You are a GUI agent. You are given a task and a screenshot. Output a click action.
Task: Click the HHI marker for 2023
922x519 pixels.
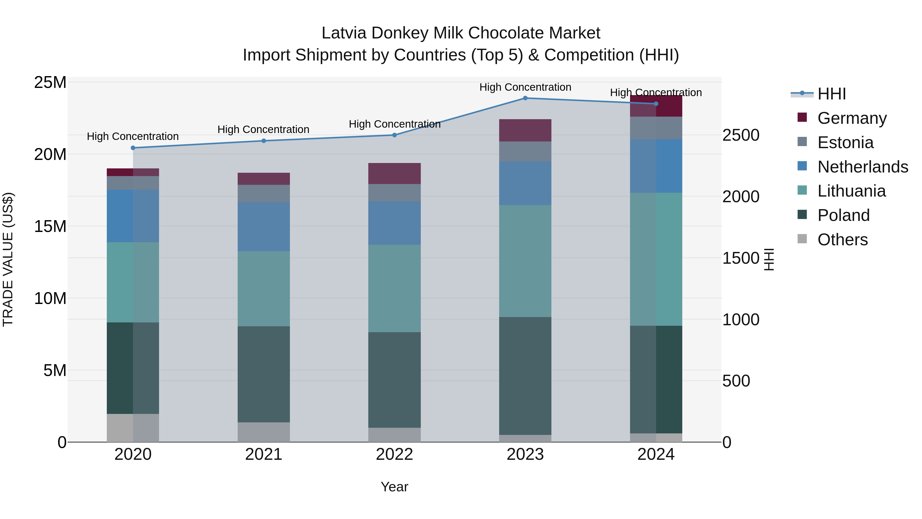pos(525,98)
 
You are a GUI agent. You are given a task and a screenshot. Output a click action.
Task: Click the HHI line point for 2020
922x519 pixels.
pos(133,148)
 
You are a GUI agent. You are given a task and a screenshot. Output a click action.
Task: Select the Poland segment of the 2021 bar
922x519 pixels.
pos(264,374)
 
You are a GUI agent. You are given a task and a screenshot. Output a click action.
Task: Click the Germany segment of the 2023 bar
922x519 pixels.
pos(525,130)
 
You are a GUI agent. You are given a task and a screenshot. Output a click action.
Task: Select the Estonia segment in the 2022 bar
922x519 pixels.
pos(394,193)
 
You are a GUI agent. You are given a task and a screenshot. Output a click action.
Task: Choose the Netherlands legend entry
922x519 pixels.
pos(863,167)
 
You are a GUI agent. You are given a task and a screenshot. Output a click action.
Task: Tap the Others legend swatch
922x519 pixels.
pos(802,239)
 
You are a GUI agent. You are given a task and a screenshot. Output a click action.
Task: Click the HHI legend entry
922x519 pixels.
pos(831,94)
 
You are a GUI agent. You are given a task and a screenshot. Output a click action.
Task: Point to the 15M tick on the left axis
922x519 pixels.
pos(50,226)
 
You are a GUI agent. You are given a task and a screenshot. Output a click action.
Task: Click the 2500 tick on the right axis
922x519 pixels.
pos(740,135)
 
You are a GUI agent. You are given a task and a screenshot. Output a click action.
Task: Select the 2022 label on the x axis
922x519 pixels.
pos(394,454)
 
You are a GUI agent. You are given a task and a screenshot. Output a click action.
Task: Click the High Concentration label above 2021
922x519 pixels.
pos(264,129)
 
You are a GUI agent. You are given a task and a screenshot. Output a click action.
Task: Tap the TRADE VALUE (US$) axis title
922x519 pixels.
pos(8,259)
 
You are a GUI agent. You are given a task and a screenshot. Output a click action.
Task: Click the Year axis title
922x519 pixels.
pos(394,487)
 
